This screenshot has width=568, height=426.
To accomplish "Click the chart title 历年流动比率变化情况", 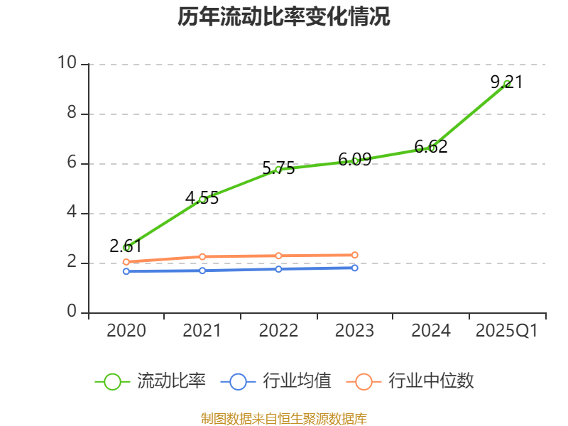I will point(284,17).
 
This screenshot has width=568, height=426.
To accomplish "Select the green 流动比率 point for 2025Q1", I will point(507,84).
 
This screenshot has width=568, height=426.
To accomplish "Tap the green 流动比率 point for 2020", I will point(126,248).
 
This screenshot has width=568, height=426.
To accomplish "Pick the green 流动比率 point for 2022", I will point(278,169).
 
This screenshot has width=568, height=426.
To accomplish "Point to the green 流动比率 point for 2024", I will point(431,148).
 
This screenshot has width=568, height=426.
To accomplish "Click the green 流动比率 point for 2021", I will point(202,200).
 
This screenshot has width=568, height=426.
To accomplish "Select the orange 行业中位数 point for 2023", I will point(355,255).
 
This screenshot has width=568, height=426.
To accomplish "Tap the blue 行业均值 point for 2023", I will point(355,268).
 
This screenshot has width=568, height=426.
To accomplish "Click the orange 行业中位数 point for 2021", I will point(202,256).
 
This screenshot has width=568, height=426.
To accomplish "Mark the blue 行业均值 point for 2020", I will point(126,271).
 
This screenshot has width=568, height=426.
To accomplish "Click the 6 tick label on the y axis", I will point(72,163).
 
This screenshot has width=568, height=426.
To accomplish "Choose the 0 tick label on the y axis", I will point(72,312).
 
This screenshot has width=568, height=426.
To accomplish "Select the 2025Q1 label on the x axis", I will point(507,331).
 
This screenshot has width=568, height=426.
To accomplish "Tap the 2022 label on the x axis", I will point(278,331).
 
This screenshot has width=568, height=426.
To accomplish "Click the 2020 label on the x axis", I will point(126,331).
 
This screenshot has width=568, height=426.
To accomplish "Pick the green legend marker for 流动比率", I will point(112,381).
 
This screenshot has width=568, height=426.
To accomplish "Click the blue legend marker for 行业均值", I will point(238,381).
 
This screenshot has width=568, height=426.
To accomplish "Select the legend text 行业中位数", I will point(431,381).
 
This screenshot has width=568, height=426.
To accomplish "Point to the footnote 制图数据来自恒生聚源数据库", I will point(284,418).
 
